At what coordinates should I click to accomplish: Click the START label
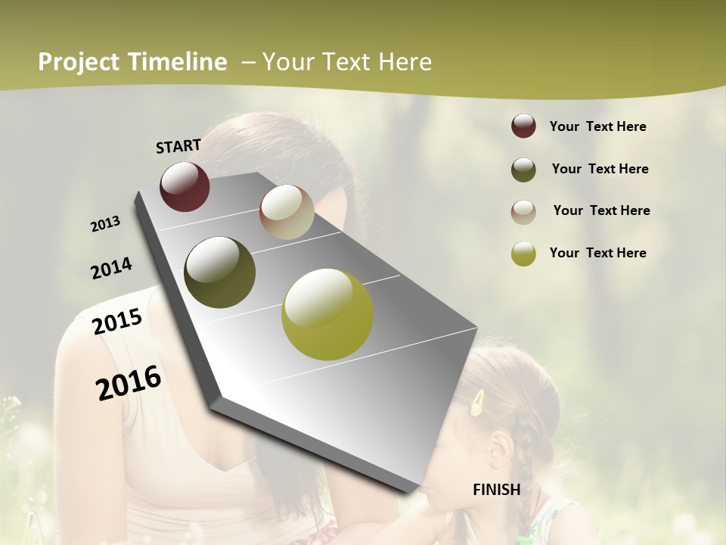point(178,145)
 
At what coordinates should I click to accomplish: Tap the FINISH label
point(496,489)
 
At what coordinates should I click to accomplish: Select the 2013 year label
point(105,224)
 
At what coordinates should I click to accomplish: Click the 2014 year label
point(111,268)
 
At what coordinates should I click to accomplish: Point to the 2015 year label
point(117,322)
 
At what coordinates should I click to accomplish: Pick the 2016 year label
point(129,382)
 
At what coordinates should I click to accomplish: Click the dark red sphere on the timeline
point(185,186)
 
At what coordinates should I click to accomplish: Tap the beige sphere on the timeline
point(287,212)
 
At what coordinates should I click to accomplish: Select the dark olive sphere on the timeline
point(219,272)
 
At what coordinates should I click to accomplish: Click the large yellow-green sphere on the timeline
point(327,314)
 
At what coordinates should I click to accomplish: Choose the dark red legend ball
point(523,126)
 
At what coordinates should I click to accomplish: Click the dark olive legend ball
point(523,170)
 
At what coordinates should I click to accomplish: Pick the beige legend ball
point(523,212)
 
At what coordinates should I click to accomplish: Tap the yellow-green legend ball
point(523,254)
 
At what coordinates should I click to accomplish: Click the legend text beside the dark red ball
point(597,126)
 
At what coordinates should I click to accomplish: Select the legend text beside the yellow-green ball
point(597,253)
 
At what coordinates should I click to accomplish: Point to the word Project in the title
point(79,62)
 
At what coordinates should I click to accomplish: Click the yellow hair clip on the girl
point(478,403)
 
